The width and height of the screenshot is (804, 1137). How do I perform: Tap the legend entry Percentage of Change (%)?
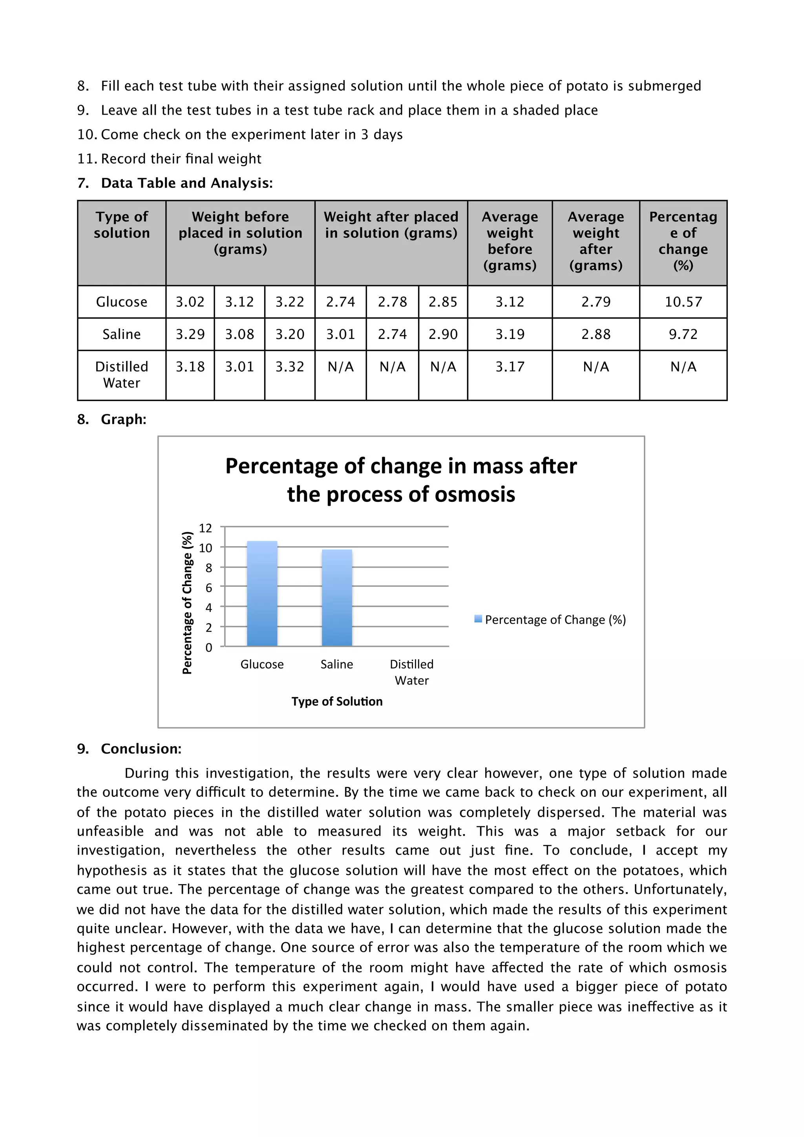coord(550,620)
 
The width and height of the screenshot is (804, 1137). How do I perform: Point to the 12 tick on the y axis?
coord(205,528)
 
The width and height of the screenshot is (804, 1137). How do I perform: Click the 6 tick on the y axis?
coord(208,588)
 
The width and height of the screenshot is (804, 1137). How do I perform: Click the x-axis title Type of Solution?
coord(337,701)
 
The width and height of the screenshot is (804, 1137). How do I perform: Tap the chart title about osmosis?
coord(401,480)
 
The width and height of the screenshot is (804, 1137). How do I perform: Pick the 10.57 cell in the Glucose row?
coord(683,302)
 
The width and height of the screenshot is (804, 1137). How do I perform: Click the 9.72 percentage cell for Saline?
coord(683,334)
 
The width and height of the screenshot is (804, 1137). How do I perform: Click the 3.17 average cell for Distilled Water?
coord(509,367)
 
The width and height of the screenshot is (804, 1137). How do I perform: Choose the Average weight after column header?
coord(596,241)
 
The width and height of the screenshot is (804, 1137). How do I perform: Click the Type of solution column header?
coord(122,225)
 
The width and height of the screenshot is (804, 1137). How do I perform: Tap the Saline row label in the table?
coord(121,334)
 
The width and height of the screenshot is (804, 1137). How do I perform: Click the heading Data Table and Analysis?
coord(187,183)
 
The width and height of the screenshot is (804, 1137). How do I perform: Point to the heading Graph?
coord(123,419)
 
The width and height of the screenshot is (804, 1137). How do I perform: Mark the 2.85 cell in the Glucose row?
coord(442,302)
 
